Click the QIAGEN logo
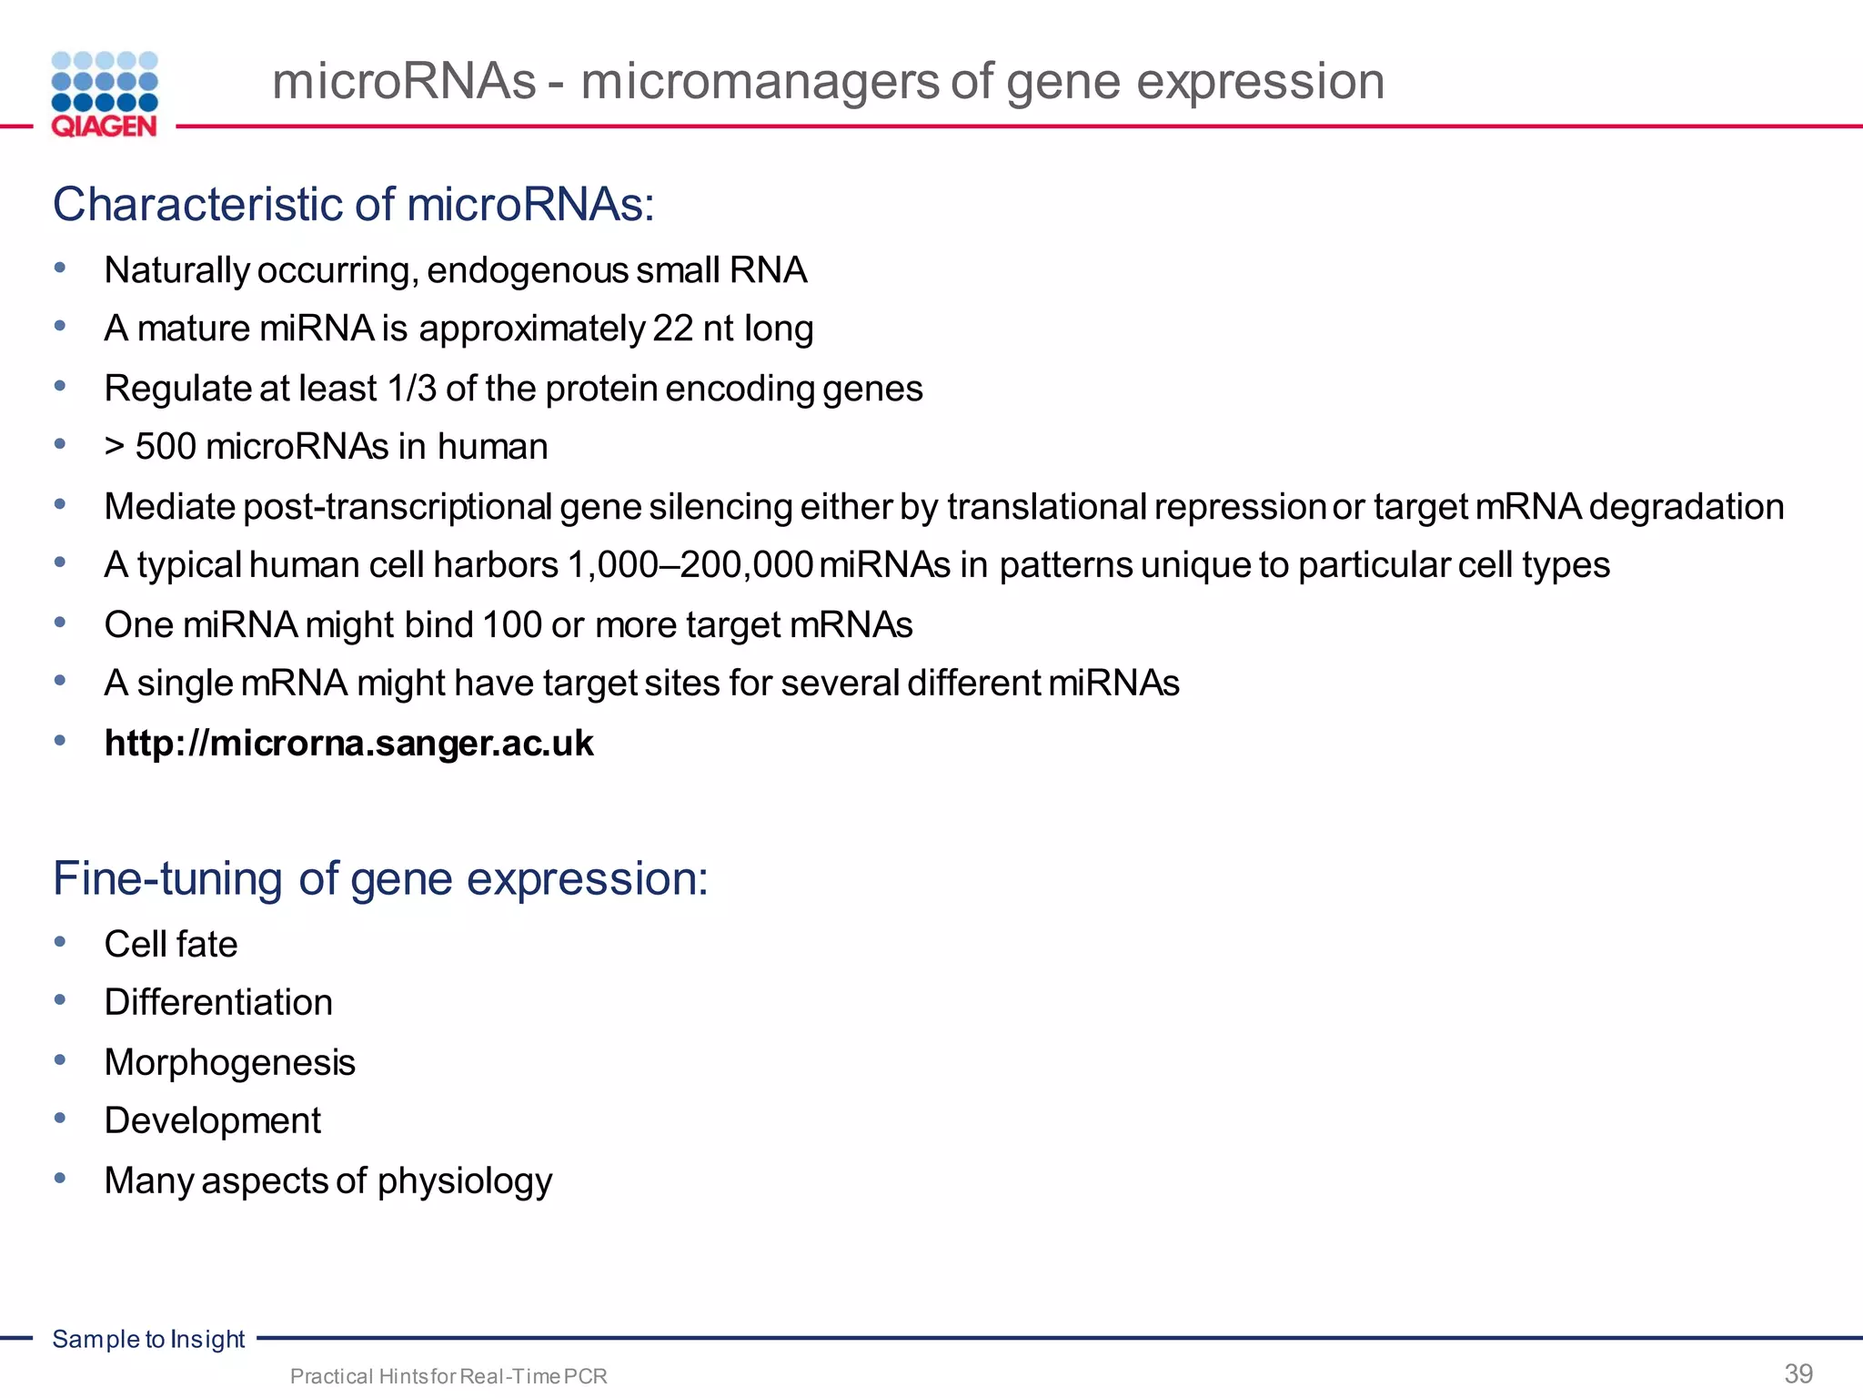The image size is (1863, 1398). tap(105, 95)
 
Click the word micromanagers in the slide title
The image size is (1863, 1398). tap(760, 81)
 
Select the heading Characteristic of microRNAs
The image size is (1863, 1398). tap(353, 204)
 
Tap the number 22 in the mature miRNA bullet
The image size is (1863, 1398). tap(672, 329)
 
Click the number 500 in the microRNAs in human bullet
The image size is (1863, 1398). tap(166, 447)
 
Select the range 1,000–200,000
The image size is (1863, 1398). tap(690, 565)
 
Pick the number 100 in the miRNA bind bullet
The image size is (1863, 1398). tap(511, 625)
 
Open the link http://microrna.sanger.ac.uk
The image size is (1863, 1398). tap(348, 744)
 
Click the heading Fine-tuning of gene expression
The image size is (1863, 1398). tap(380, 879)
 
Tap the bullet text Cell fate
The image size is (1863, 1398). tap(171, 945)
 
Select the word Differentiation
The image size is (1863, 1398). tap(218, 1003)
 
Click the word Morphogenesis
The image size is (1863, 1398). tap(229, 1063)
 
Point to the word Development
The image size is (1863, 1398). tap(212, 1121)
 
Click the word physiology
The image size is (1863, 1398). tap(464, 1181)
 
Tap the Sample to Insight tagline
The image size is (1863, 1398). tap(148, 1339)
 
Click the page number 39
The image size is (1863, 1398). tap(1798, 1373)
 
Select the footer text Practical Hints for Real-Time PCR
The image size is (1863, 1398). tap(448, 1376)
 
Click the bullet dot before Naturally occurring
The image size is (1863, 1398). tap(60, 268)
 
